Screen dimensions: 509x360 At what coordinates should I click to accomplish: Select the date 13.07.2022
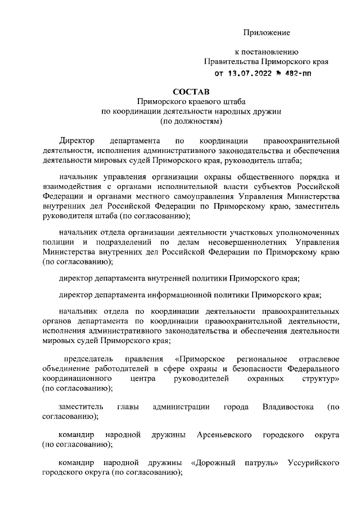tap(247, 73)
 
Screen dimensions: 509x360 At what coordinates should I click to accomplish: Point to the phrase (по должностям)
tap(191, 120)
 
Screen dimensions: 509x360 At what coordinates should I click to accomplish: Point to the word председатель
tap(88, 359)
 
